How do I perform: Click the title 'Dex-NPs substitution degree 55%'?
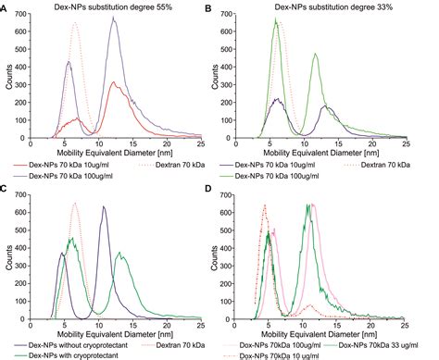[x=119, y=7]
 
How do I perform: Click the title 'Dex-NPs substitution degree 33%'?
[x=332, y=7]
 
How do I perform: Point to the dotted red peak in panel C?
[x=75, y=204]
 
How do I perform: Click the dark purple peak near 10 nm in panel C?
[x=103, y=208]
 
